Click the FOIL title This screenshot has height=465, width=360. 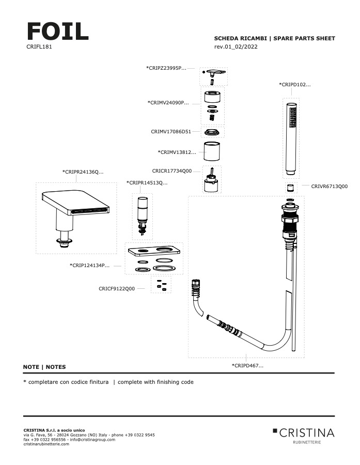57,32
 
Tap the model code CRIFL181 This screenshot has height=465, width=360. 38,47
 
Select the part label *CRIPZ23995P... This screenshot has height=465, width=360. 166,68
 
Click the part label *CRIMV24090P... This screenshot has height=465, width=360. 168,102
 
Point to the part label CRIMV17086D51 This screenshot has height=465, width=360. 171,132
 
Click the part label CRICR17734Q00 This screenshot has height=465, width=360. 172,171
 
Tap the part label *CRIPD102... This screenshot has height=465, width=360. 295,84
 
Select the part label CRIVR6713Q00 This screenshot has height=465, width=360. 329,186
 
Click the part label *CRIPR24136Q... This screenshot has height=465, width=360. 83,172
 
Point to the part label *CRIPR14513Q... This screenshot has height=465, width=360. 147,182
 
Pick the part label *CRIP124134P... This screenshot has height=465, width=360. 89,266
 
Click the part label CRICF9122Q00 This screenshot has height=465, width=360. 117,289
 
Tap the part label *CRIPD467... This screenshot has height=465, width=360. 247,365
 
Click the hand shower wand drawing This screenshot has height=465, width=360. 292,139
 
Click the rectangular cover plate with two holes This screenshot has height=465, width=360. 155,252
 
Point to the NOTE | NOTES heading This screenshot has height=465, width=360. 44,367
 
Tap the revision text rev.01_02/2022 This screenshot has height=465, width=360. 236,47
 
